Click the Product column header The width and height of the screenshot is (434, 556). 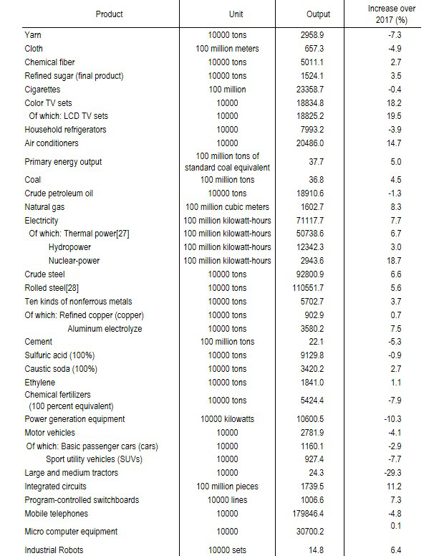109,14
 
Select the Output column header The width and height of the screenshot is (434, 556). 318,14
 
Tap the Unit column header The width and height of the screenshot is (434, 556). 227,14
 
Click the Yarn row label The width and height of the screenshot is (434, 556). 34,35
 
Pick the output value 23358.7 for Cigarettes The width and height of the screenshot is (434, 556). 318,90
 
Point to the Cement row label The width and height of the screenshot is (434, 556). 39,342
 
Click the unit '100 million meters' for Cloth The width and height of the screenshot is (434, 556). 227,49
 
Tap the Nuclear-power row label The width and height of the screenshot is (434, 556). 74,261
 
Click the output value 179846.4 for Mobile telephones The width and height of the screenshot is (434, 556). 318,513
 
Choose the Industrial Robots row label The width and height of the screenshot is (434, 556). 54,550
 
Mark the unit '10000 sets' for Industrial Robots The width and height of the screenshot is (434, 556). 227,550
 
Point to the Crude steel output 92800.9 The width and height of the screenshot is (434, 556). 318,274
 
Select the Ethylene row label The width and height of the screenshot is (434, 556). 40,383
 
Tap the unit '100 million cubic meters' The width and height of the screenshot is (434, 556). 227,207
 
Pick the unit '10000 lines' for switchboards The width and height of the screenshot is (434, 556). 227,499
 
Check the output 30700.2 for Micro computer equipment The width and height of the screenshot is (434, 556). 318,532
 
